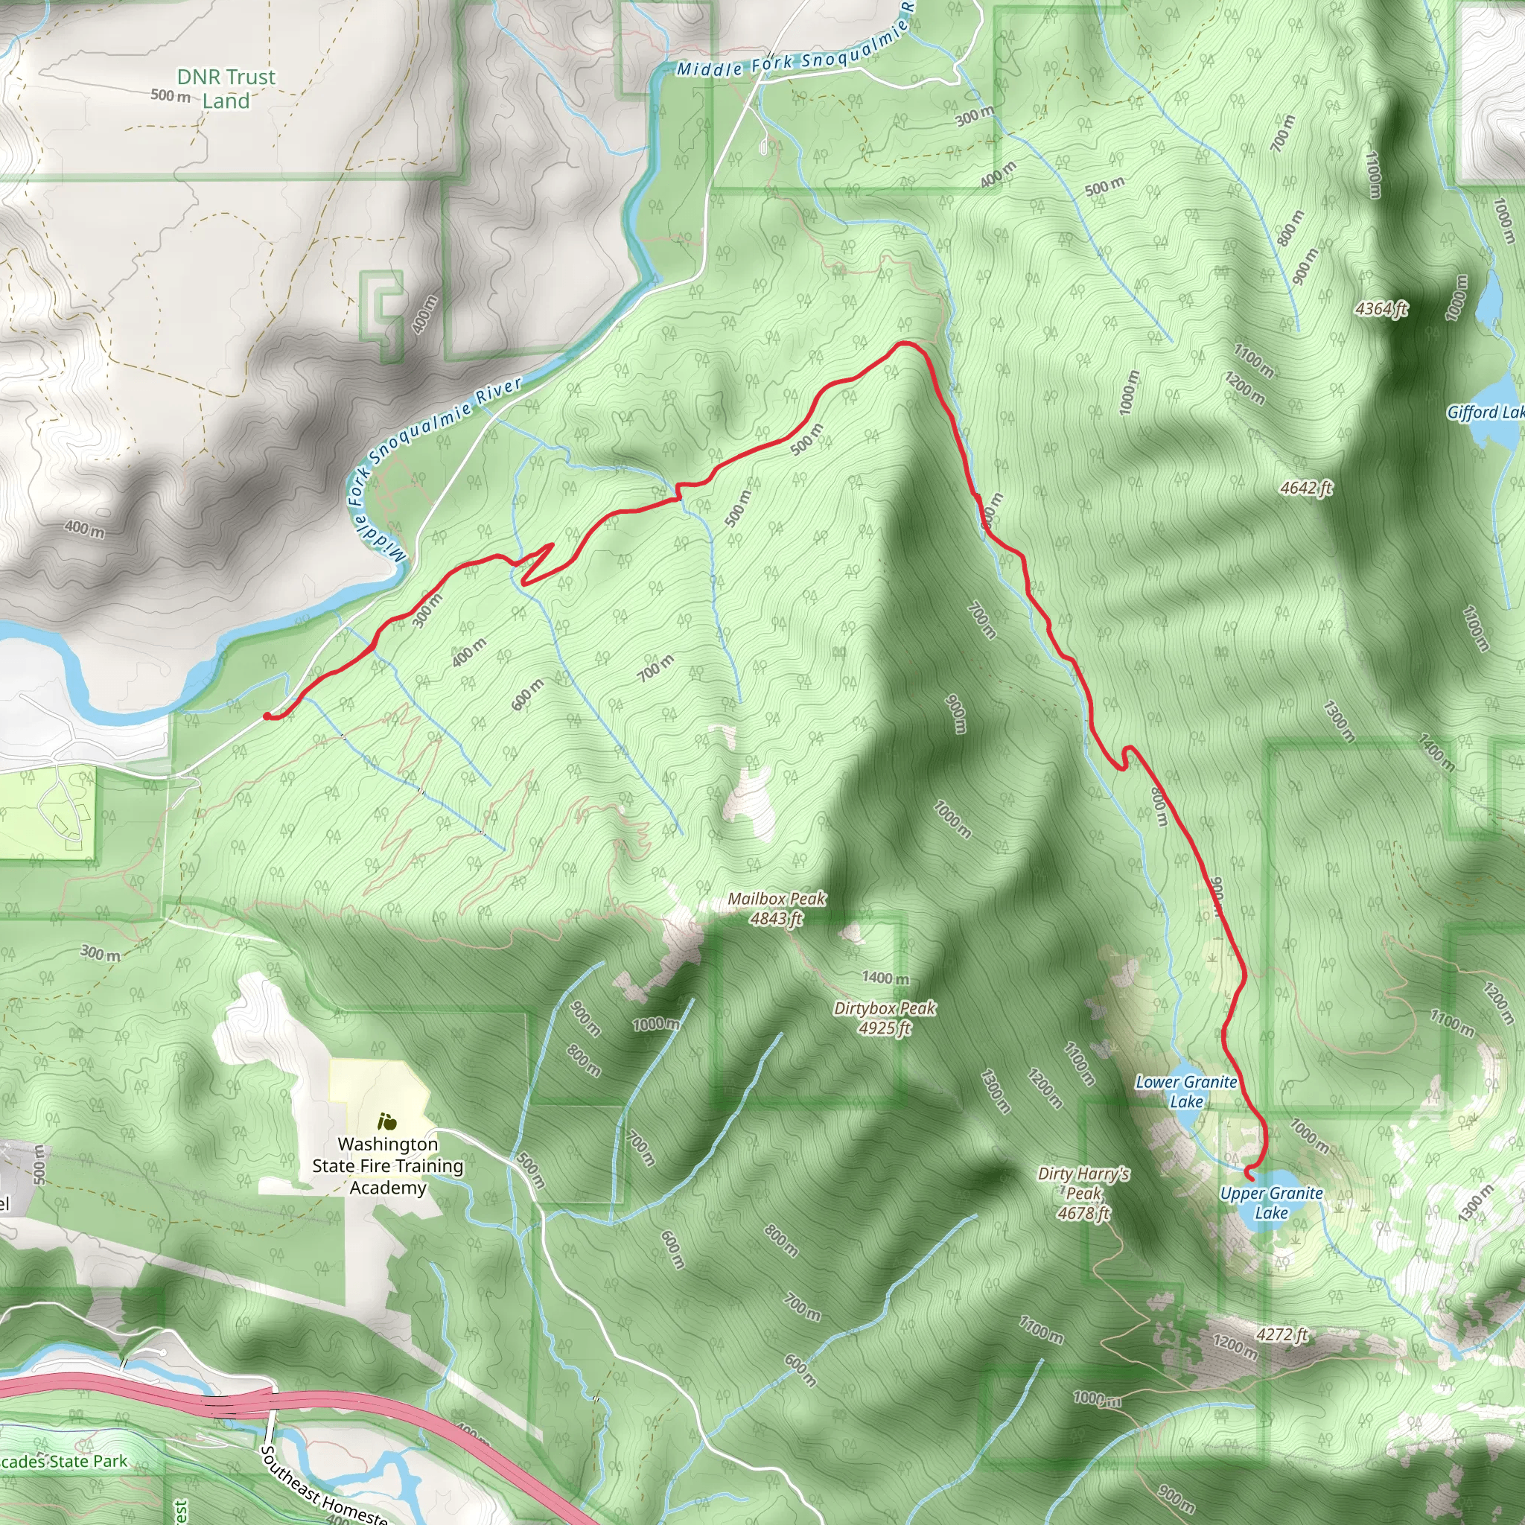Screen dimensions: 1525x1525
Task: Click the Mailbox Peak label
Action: [776, 908]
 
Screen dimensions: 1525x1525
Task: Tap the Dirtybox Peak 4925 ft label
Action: [884, 1017]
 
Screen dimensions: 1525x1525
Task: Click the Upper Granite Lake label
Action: [1271, 1203]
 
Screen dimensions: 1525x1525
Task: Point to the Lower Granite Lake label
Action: [1185, 1092]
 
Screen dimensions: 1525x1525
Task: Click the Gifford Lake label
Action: [1484, 412]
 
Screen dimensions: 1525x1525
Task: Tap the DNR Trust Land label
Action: [226, 89]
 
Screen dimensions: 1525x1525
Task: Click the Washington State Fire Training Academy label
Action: [387, 1166]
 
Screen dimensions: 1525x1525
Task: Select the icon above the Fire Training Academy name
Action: [386, 1121]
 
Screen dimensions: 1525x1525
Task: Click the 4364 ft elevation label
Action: [1381, 308]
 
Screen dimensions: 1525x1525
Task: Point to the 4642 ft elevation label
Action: [1306, 488]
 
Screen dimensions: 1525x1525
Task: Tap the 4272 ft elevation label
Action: [1282, 1334]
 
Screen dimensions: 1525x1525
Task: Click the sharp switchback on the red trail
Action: [550, 547]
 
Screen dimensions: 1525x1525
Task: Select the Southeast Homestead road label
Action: [324, 1488]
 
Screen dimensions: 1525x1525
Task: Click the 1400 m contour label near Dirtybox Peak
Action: [885, 978]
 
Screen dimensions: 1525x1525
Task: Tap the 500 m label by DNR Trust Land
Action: [171, 95]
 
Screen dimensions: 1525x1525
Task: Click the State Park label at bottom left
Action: [63, 1461]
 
